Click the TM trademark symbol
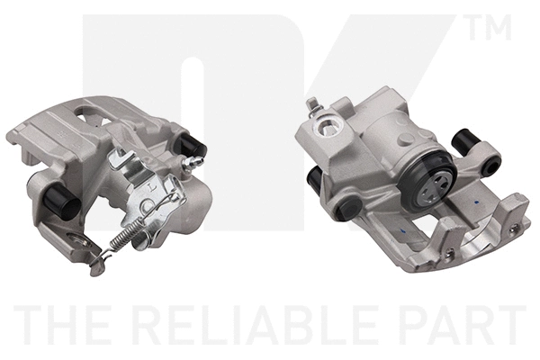(x=490, y=27)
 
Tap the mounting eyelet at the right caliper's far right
(x=490, y=166)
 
